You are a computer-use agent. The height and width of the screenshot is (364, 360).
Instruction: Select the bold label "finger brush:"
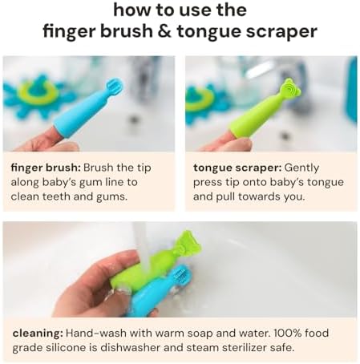[45, 168]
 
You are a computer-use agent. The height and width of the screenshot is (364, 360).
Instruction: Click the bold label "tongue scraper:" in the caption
[234, 168]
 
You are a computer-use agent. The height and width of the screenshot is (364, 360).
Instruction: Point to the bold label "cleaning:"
[37, 332]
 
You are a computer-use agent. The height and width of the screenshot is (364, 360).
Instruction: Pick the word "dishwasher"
[167, 347]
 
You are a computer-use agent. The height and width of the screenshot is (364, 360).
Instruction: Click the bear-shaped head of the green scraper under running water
[186, 243]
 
